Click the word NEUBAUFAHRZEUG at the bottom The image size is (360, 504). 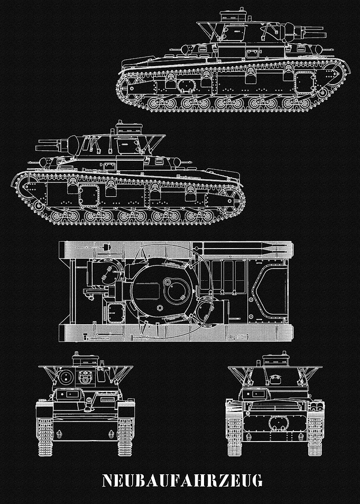(182, 480)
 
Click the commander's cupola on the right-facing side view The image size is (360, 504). (233, 15)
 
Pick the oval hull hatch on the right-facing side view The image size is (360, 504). (187, 86)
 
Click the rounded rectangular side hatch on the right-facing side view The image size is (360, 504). (305, 83)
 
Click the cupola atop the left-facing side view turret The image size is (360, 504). (129, 127)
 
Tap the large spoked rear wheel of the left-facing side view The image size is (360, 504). (230, 200)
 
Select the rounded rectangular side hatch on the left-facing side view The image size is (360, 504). (89, 196)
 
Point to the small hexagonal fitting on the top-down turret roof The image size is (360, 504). (160, 308)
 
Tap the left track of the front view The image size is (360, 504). (45, 436)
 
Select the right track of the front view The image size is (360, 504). (125, 436)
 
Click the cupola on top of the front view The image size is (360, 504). (85, 359)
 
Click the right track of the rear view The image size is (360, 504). (315, 436)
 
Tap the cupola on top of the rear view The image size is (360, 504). (276, 359)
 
